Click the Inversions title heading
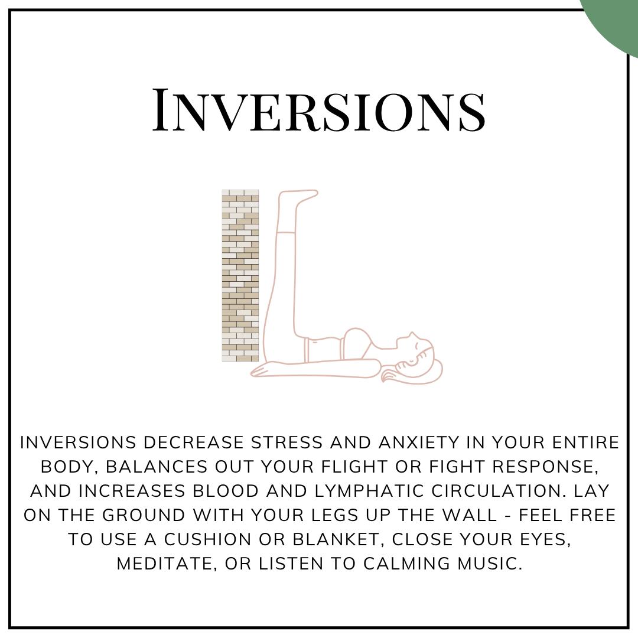pyautogui.click(x=319, y=110)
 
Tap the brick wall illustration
pyautogui.click(x=240, y=275)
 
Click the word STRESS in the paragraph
pyautogui.click(x=287, y=442)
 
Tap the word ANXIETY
pyautogui.click(x=419, y=442)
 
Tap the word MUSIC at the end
pyautogui.click(x=490, y=564)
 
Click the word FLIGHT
pyautogui.click(x=354, y=467)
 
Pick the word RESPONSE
pyautogui.click(x=545, y=467)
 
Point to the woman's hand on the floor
pyautogui.click(x=265, y=370)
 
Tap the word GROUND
pyautogui.click(x=144, y=516)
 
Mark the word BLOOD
pyautogui.click(x=226, y=491)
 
